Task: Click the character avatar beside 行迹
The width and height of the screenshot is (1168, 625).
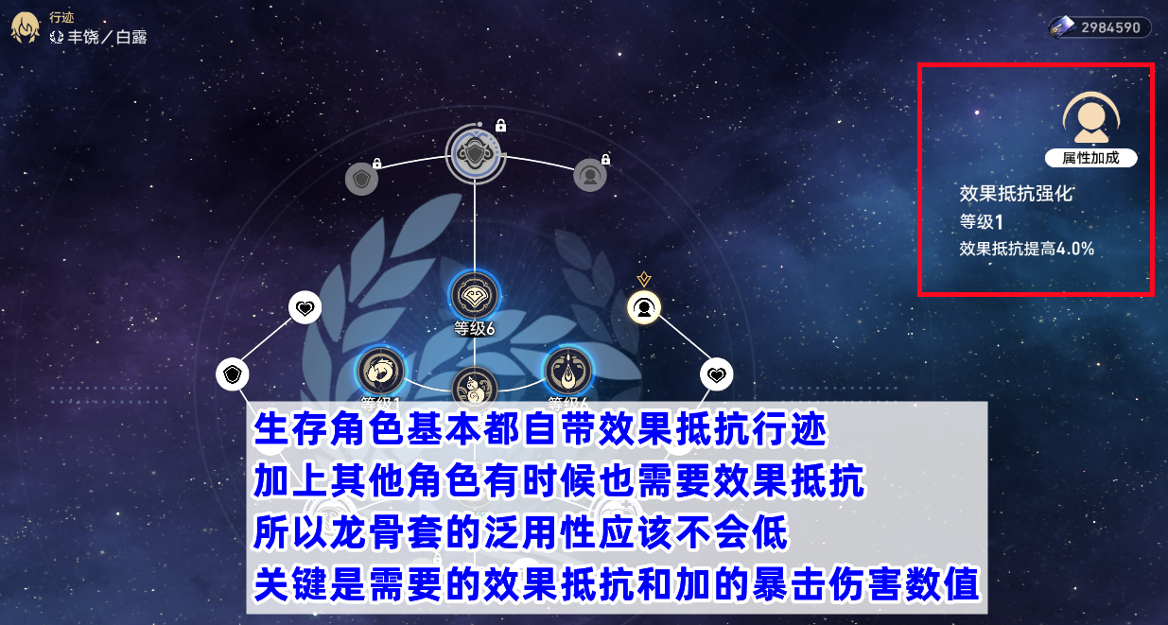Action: point(25,28)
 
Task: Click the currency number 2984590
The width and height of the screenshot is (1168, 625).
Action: point(1110,27)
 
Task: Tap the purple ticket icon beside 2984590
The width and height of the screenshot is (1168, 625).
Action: point(1062,27)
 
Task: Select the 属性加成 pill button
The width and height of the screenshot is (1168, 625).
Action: point(1090,158)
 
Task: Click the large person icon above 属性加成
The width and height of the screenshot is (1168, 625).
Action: point(1090,118)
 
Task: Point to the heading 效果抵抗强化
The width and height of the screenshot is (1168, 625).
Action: point(1017,194)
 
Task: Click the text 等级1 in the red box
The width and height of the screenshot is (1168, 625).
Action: point(982,222)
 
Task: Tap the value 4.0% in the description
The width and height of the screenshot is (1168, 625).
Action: point(1075,249)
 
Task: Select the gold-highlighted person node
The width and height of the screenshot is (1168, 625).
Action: point(644,307)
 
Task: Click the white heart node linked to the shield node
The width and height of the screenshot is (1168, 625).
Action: point(305,307)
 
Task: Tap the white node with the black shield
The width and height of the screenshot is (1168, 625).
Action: point(233,374)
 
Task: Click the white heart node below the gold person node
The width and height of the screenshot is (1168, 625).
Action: point(717,374)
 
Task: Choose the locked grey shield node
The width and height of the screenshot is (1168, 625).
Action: point(362,179)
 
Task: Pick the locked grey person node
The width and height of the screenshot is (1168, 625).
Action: point(590,176)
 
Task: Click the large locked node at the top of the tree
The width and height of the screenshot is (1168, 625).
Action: point(475,154)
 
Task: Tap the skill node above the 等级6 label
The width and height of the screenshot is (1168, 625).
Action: point(475,296)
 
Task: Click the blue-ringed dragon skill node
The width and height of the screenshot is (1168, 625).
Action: point(380,371)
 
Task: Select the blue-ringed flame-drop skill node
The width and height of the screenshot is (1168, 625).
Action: point(568,371)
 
